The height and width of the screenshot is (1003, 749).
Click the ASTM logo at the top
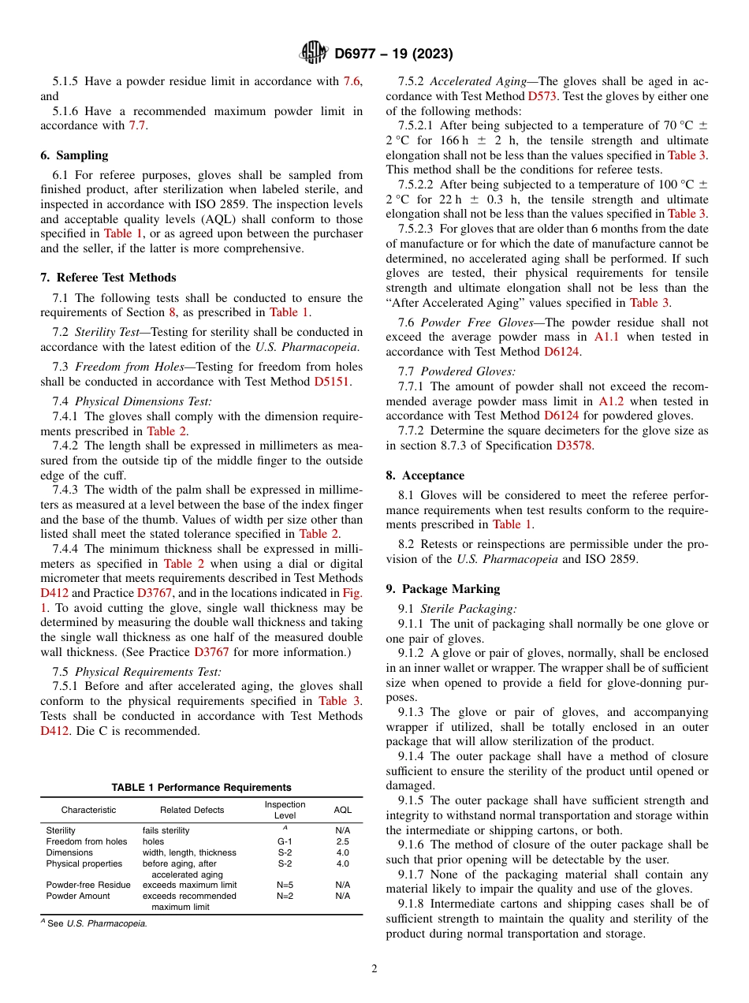tap(315, 54)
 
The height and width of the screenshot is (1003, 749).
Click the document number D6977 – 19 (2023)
tap(393, 54)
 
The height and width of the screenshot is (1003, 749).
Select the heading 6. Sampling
tap(74, 155)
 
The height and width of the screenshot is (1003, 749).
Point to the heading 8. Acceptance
tap(425, 475)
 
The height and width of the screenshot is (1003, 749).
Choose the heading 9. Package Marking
tap(442, 589)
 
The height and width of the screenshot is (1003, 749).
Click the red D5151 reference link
tap(332, 382)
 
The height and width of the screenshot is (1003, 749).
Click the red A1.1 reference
tap(606, 337)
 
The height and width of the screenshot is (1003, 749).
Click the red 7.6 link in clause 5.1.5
tap(352, 81)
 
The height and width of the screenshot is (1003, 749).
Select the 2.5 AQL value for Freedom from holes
tap(342, 841)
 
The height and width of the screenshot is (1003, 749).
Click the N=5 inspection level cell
tap(285, 885)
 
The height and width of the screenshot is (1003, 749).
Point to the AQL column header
tap(342, 810)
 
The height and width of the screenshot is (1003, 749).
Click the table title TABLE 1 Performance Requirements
tap(201, 787)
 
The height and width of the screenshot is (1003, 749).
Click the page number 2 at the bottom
tap(374, 969)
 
